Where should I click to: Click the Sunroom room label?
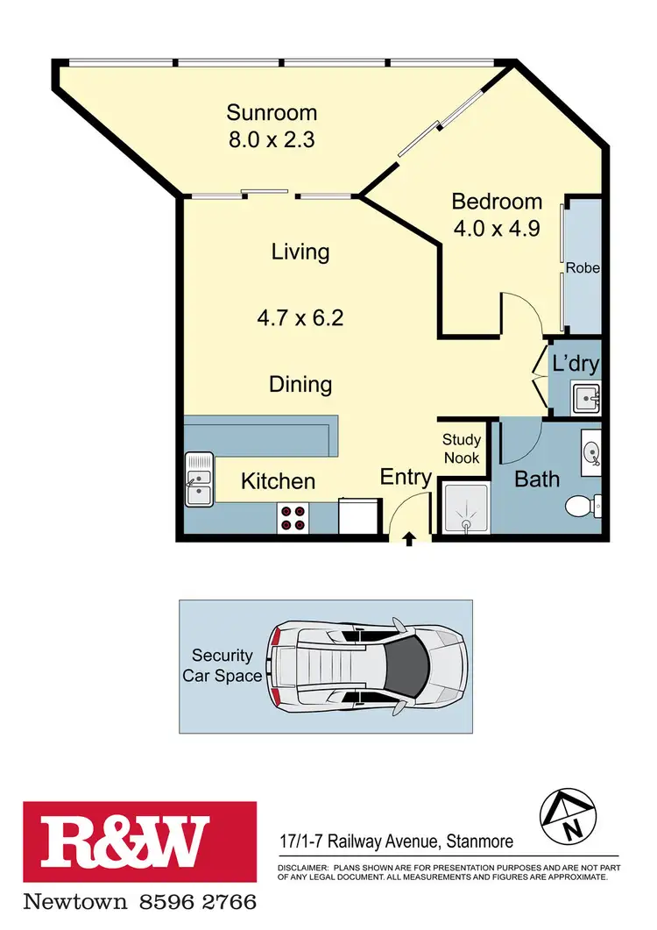[x=272, y=113]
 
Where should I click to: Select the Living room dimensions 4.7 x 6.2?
[x=300, y=317]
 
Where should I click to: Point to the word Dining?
[x=300, y=384]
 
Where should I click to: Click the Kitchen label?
[x=278, y=480]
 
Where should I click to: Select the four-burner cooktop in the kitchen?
[x=292, y=519]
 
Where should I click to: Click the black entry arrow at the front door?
[x=409, y=537]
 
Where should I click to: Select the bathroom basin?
[x=591, y=452]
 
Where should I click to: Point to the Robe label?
[x=583, y=268]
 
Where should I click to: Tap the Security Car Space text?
[x=223, y=666]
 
